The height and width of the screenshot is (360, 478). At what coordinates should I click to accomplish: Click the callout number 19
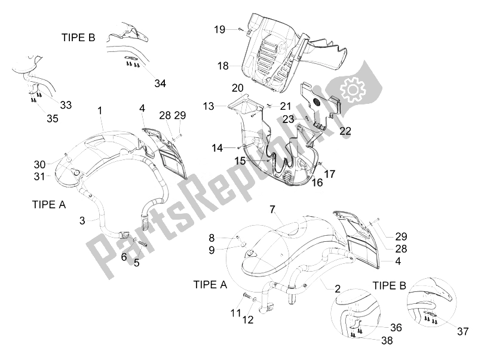click(220, 29)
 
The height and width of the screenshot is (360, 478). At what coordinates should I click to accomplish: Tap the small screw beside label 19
click(239, 29)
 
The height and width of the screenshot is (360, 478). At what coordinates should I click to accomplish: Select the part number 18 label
click(223, 66)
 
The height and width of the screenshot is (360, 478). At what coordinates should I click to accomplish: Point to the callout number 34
click(160, 83)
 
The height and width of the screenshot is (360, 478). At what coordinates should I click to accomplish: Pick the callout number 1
click(100, 110)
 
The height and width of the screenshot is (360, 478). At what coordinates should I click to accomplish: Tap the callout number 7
click(272, 209)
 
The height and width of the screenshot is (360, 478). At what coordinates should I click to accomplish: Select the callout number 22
click(345, 131)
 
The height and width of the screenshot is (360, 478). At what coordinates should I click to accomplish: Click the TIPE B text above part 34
click(78, 37)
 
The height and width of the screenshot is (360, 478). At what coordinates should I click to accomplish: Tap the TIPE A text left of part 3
click(48, 204)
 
